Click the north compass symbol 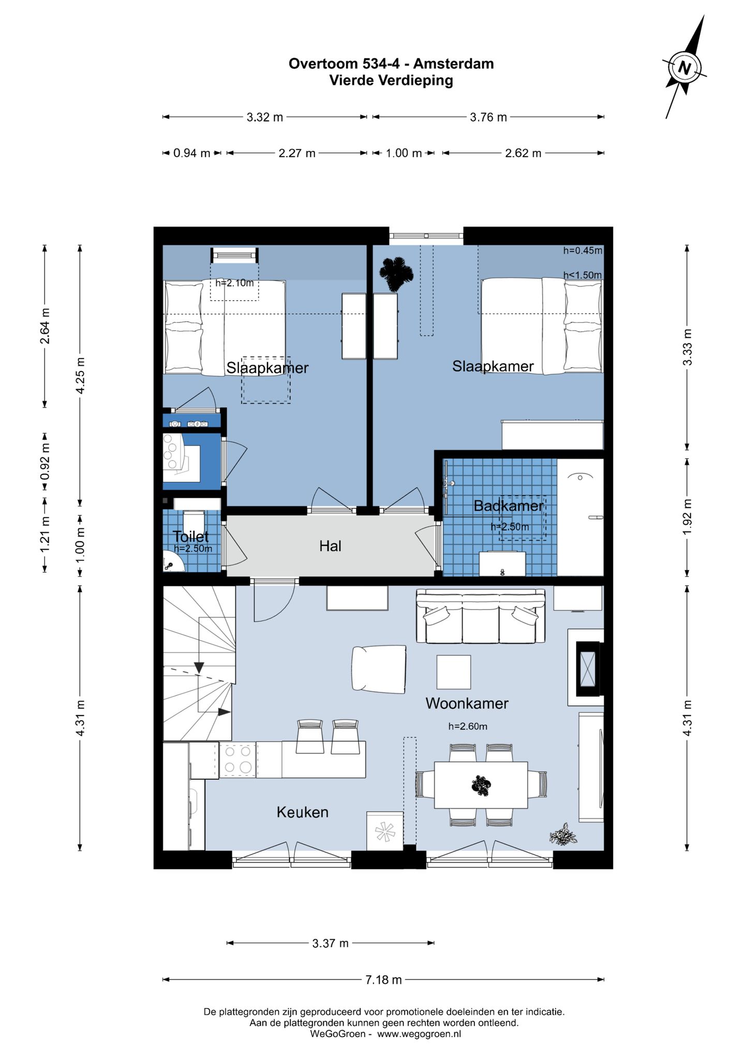pos(684,67)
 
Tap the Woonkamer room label pos(467,703)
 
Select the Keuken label pos(303,812)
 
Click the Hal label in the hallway pos(330,546)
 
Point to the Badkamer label pos(509,506)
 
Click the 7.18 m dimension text pos(383,979)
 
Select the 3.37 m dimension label pos(330,943)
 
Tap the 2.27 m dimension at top pos(297,153)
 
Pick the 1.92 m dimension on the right pos(687,517)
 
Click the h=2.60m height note pos(468,726)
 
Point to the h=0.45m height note pos(583,250)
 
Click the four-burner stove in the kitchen pos(238,759)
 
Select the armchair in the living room pos(379,669)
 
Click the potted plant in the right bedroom pos(396,272)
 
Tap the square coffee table pos(454,672)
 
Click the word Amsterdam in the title pos(453,64)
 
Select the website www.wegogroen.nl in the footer pos(419,1034)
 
